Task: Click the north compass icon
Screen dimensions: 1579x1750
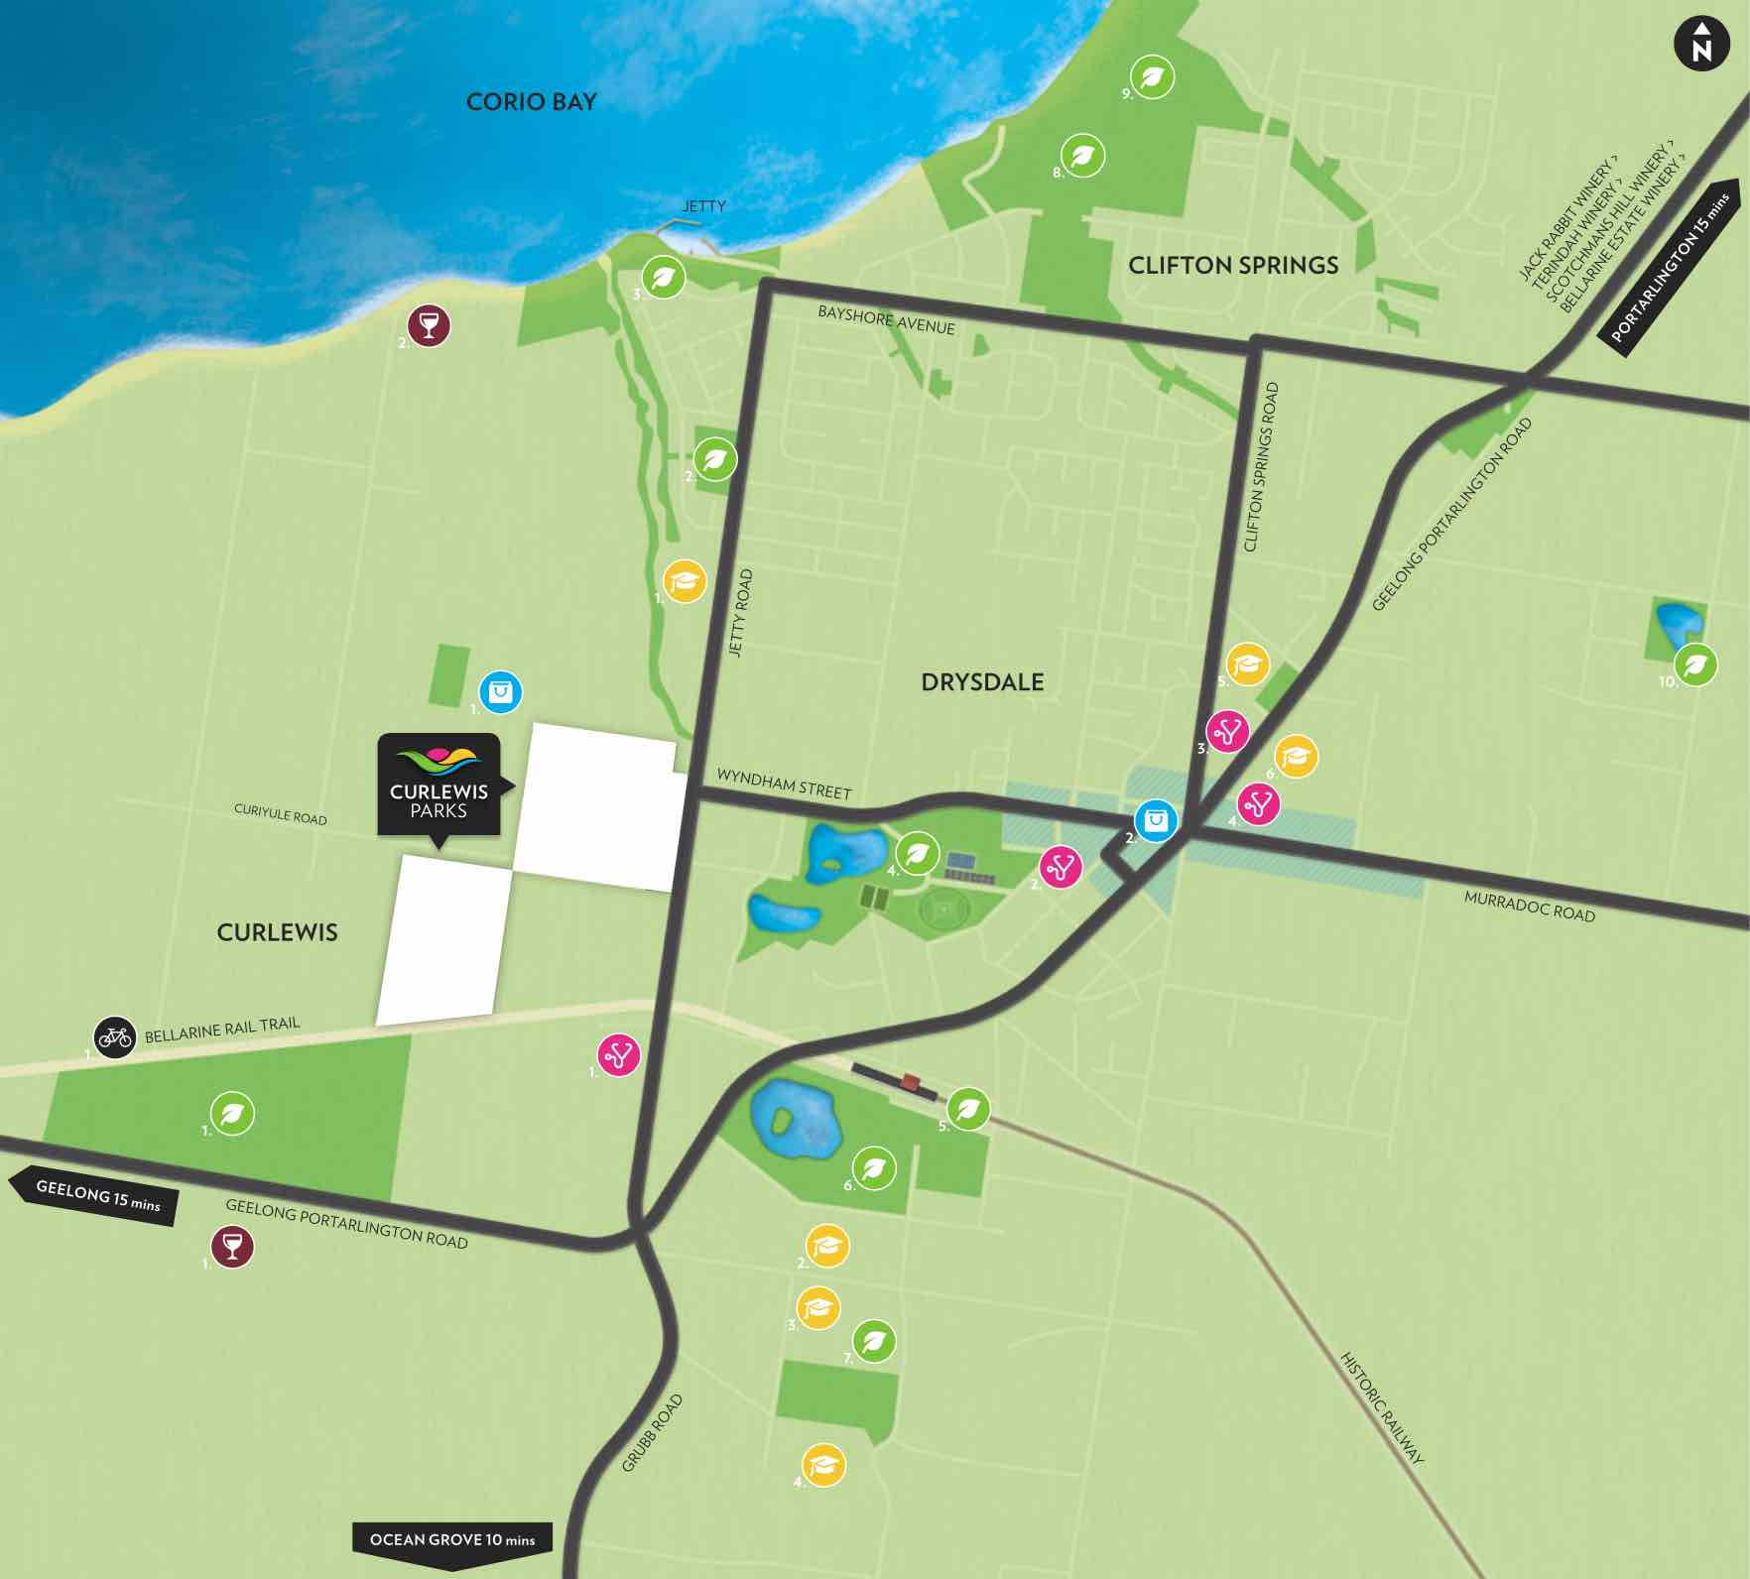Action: pos(1701,45)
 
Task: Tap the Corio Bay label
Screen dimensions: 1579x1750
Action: pos(531,101)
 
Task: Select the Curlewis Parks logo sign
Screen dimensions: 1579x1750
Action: pos(438,785)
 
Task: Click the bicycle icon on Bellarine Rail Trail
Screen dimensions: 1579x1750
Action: pos(115,1037)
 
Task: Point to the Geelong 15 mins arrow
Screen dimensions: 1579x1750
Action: pos(95,1196)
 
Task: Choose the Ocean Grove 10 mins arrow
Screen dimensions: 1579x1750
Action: pos(451,1540)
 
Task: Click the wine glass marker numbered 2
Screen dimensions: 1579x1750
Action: pos(430,325)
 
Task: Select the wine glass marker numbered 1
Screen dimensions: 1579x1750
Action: pos(232,1247)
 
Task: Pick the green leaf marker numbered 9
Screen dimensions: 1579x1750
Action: pos(1153,76)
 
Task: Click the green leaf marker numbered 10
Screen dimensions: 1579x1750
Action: pos(1696,664)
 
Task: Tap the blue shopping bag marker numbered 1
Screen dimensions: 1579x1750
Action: pos(500,691)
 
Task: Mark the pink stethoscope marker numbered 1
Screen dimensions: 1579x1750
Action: pos(619,1054)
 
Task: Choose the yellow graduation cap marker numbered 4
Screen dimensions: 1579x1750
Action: pos(823,1465)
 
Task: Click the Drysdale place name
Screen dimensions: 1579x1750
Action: pos(982,682)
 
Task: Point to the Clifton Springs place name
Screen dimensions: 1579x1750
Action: pos(1233,265)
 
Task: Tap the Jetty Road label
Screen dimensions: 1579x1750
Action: pos(741,612)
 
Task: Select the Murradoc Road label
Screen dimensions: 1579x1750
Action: pos(1529,906)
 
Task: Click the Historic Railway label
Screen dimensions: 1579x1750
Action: pos(1382,1406)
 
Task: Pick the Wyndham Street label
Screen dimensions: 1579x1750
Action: pos(784,784)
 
